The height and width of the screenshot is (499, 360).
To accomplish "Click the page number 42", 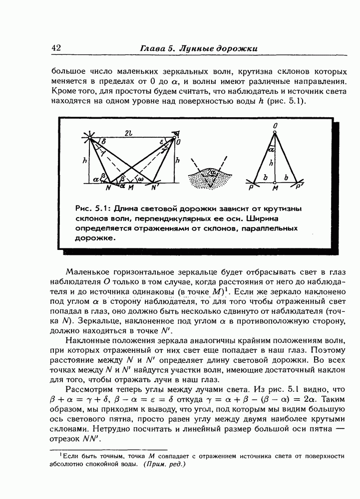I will [56, 48].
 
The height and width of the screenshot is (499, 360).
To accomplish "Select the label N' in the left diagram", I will [155, 188].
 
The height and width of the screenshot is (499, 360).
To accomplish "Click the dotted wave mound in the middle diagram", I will [210, 179].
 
